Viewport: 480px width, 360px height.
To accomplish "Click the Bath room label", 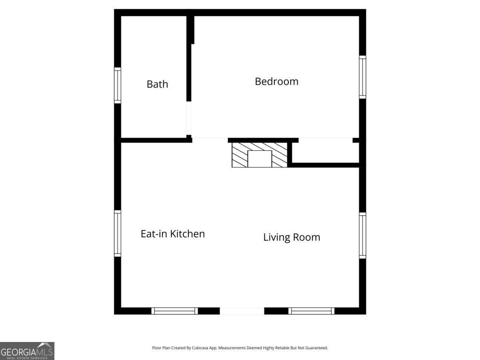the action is pyautogui.click(x=157, y=84).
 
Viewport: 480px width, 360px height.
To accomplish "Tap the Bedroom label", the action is pyautogui.click(x=276, y=82).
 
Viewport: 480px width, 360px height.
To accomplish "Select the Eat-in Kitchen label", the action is pyautogui.click(x=173, y=234).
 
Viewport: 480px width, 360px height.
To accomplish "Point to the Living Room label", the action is pyautogui.click(x=292, y=237).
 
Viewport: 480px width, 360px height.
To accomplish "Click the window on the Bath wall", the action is pyautogui.click(x=118, y=85).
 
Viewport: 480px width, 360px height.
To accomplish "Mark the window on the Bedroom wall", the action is pyautogui.click(x=362, y=77).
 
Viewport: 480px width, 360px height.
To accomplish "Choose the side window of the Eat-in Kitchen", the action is pyautogui.click(x=118, y=234).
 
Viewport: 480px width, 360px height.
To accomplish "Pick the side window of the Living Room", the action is pyautogui.click(x=362, y=236).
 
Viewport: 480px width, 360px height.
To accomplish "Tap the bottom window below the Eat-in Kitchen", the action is pyautogui.click(x=174, y=311).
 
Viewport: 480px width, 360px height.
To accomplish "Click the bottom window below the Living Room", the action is pyautogui.click(x=311, y=311).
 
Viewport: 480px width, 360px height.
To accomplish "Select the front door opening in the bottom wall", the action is pyautogui.click(x=242, y=311).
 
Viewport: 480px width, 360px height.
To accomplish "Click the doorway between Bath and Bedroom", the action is pyautogui.click(x=189, y=118).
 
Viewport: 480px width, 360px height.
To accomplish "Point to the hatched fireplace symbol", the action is pyautogui.click(x=260, y=155).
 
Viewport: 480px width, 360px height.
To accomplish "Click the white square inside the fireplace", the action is pyautogui.click(x=260, y=159).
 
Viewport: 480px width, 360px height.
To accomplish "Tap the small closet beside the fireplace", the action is pyautogui.click(x=325, y=153).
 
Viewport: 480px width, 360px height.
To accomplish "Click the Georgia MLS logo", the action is pyautogui.click(x=27, y=351).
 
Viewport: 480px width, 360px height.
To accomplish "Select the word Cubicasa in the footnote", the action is pyautogui.click(x=200, y=348).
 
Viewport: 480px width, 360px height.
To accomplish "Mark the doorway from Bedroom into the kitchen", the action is pyautogui.click(x=210, y=140).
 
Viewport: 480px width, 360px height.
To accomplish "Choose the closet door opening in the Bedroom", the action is pyautogui.click(x=326, y=140).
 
